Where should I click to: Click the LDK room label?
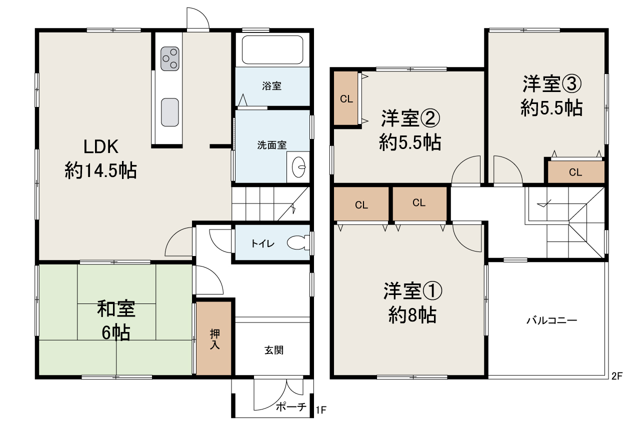pyautogui.click(x=100, y=147)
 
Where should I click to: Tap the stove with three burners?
pyautogui.click(x=170, y=58)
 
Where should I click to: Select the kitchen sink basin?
pyautogui.click(x=170, y=111)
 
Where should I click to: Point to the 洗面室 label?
pyautogui.click(x=271, y=145)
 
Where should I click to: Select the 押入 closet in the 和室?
pyautogui.click(x=214, y=338)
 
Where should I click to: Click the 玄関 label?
pyautogui.click(x=274, y=350)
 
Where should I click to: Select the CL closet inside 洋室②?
pyautogui.click(x=346, y=99)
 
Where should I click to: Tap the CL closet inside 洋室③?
pyautogui.click(x=575, y=172)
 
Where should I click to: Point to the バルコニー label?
pyautogui.click(x=551, y=320)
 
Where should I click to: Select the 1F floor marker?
pyautogui.click(x=321, y=411)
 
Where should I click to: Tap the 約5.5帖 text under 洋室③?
pyautogui.click(x=551, y=108)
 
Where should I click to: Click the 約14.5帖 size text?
pyautogui.click(x=100, y=171)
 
